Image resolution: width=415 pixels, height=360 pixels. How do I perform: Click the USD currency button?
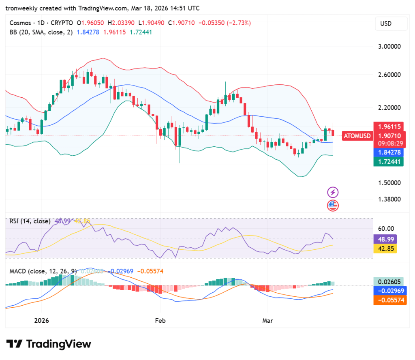click(391, 24)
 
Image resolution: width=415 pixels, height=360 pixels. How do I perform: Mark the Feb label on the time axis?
click(160, 320)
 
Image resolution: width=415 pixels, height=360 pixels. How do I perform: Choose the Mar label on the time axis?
click(267, 320)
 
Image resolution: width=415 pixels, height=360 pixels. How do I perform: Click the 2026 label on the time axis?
click(41, 320)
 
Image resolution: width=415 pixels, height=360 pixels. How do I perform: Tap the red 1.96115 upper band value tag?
click(389, 126)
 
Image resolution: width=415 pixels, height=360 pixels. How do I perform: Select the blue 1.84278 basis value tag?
click(389, 152)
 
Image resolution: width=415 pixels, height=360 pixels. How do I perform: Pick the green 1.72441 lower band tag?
click(389, 162)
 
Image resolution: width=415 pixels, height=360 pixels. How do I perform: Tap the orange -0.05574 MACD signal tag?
click(389, 300)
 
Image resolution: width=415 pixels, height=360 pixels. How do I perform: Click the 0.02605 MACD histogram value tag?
click(389, 282)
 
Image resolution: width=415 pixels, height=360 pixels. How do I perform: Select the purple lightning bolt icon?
click(333, 192)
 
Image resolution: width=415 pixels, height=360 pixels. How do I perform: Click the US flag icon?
click(333, 206)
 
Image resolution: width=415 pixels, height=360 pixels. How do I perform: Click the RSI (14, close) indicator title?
click(30, 221)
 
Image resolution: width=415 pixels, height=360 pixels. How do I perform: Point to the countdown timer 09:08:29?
click(389, 144)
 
